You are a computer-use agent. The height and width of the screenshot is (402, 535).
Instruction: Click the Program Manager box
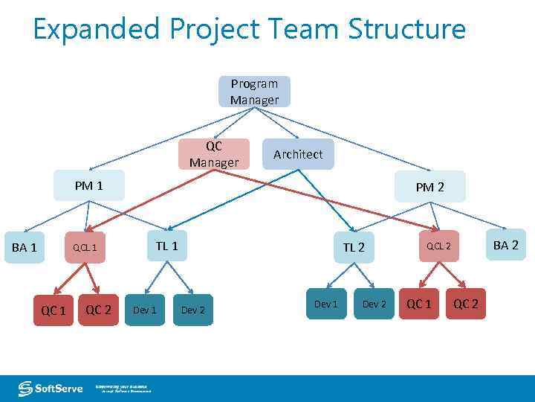coord(254,92)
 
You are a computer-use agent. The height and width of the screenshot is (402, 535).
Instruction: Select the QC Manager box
coord(214,154)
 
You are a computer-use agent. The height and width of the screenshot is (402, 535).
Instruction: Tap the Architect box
coord(298,154)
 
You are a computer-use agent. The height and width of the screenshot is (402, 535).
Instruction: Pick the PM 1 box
coord(89,185)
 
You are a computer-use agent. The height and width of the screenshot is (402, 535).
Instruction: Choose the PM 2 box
coord(429,187)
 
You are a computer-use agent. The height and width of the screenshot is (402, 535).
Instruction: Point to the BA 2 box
coord(505,245)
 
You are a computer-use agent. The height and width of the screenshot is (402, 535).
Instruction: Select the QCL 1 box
coord(85,247)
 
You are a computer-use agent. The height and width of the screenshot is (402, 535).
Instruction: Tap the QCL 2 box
coord(438,246)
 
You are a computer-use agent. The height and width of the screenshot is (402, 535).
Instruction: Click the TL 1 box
coord(166,245)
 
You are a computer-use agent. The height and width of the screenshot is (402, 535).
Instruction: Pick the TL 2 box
coord(354,247)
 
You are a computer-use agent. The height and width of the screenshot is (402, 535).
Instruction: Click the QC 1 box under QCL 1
coord(53,310)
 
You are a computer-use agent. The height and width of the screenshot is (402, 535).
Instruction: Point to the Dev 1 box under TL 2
coord(325,304)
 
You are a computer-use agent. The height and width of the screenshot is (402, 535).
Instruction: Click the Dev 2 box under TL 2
coord(374,304)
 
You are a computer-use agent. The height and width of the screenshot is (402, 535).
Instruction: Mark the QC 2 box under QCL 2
coord(466,304)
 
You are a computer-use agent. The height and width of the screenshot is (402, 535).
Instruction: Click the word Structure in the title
coord(407,30)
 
